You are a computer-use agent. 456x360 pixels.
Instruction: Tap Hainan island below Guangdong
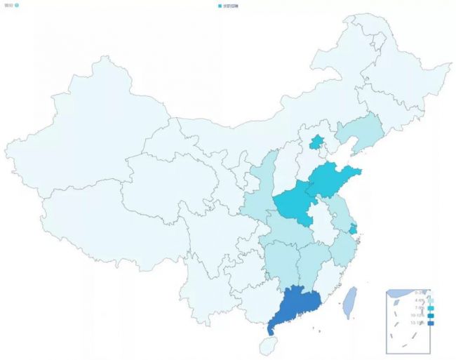pos(267,345)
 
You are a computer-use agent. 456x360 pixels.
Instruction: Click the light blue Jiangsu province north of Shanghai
pos(342,211)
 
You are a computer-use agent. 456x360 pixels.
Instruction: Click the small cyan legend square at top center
pos(220,6)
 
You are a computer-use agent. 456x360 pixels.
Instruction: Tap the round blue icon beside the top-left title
pos(17,5)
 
